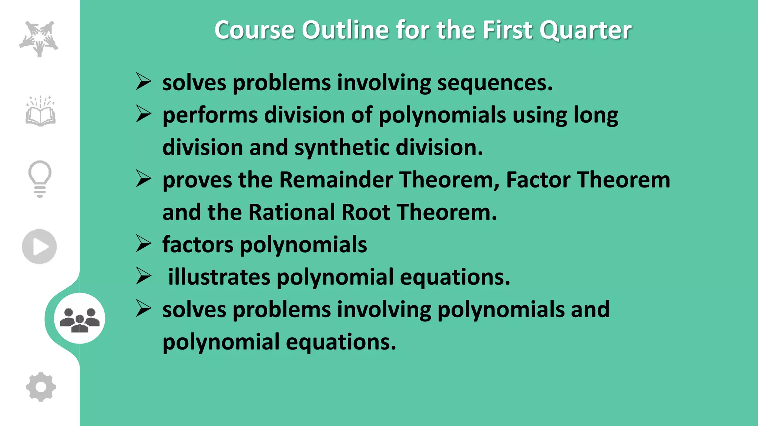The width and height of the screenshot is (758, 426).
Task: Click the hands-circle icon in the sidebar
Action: tap(39, 38)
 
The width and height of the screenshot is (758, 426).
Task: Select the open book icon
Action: tap(40, 111)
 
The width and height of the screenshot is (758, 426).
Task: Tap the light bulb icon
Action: tap(40, 179)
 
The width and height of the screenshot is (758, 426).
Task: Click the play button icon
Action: tap(39, 247)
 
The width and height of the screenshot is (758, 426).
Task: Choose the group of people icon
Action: tap(80, 318)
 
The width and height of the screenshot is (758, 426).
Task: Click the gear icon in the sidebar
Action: tap(41, 387)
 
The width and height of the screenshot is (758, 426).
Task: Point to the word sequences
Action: tap(495, 83)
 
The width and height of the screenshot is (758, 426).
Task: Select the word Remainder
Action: tap(335, 180)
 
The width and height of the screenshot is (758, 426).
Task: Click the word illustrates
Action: tap(219, 277)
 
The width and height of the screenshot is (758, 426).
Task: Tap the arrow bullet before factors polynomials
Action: tap(143, 244)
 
